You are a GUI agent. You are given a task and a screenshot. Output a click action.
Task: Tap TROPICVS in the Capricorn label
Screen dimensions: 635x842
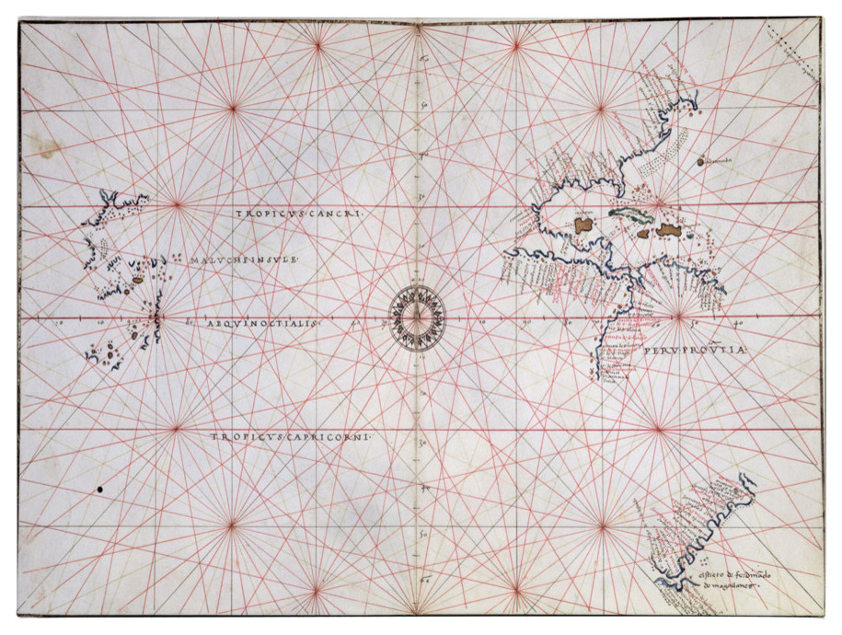(x=243, y=440)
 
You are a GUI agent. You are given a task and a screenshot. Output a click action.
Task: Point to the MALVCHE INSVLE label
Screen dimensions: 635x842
(x=247, y=260)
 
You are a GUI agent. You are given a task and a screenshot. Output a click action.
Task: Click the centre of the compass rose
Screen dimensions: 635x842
(x=418, y=319)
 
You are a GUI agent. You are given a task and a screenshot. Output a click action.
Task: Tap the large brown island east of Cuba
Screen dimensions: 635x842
(x=668, y=229)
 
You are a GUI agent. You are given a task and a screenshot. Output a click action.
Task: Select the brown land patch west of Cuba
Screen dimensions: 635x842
(x=582, y=223)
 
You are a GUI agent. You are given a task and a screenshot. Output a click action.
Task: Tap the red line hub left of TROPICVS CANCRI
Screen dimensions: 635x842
(x=177, y=204)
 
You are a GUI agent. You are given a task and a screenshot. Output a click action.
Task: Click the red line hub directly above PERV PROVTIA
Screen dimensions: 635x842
(x=678, y=317)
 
